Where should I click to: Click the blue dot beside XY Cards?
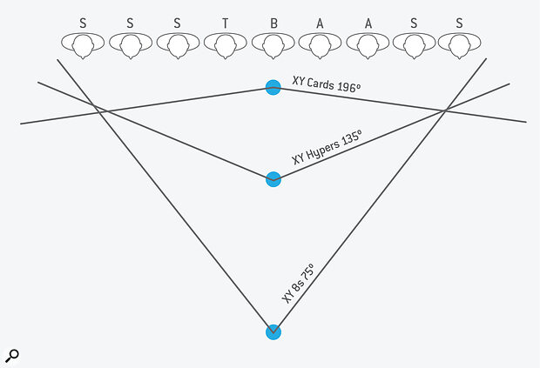(273, 87)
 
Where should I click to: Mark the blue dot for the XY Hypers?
(273, 179)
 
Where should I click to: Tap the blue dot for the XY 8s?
(273, 331)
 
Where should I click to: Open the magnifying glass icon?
(11, 356)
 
